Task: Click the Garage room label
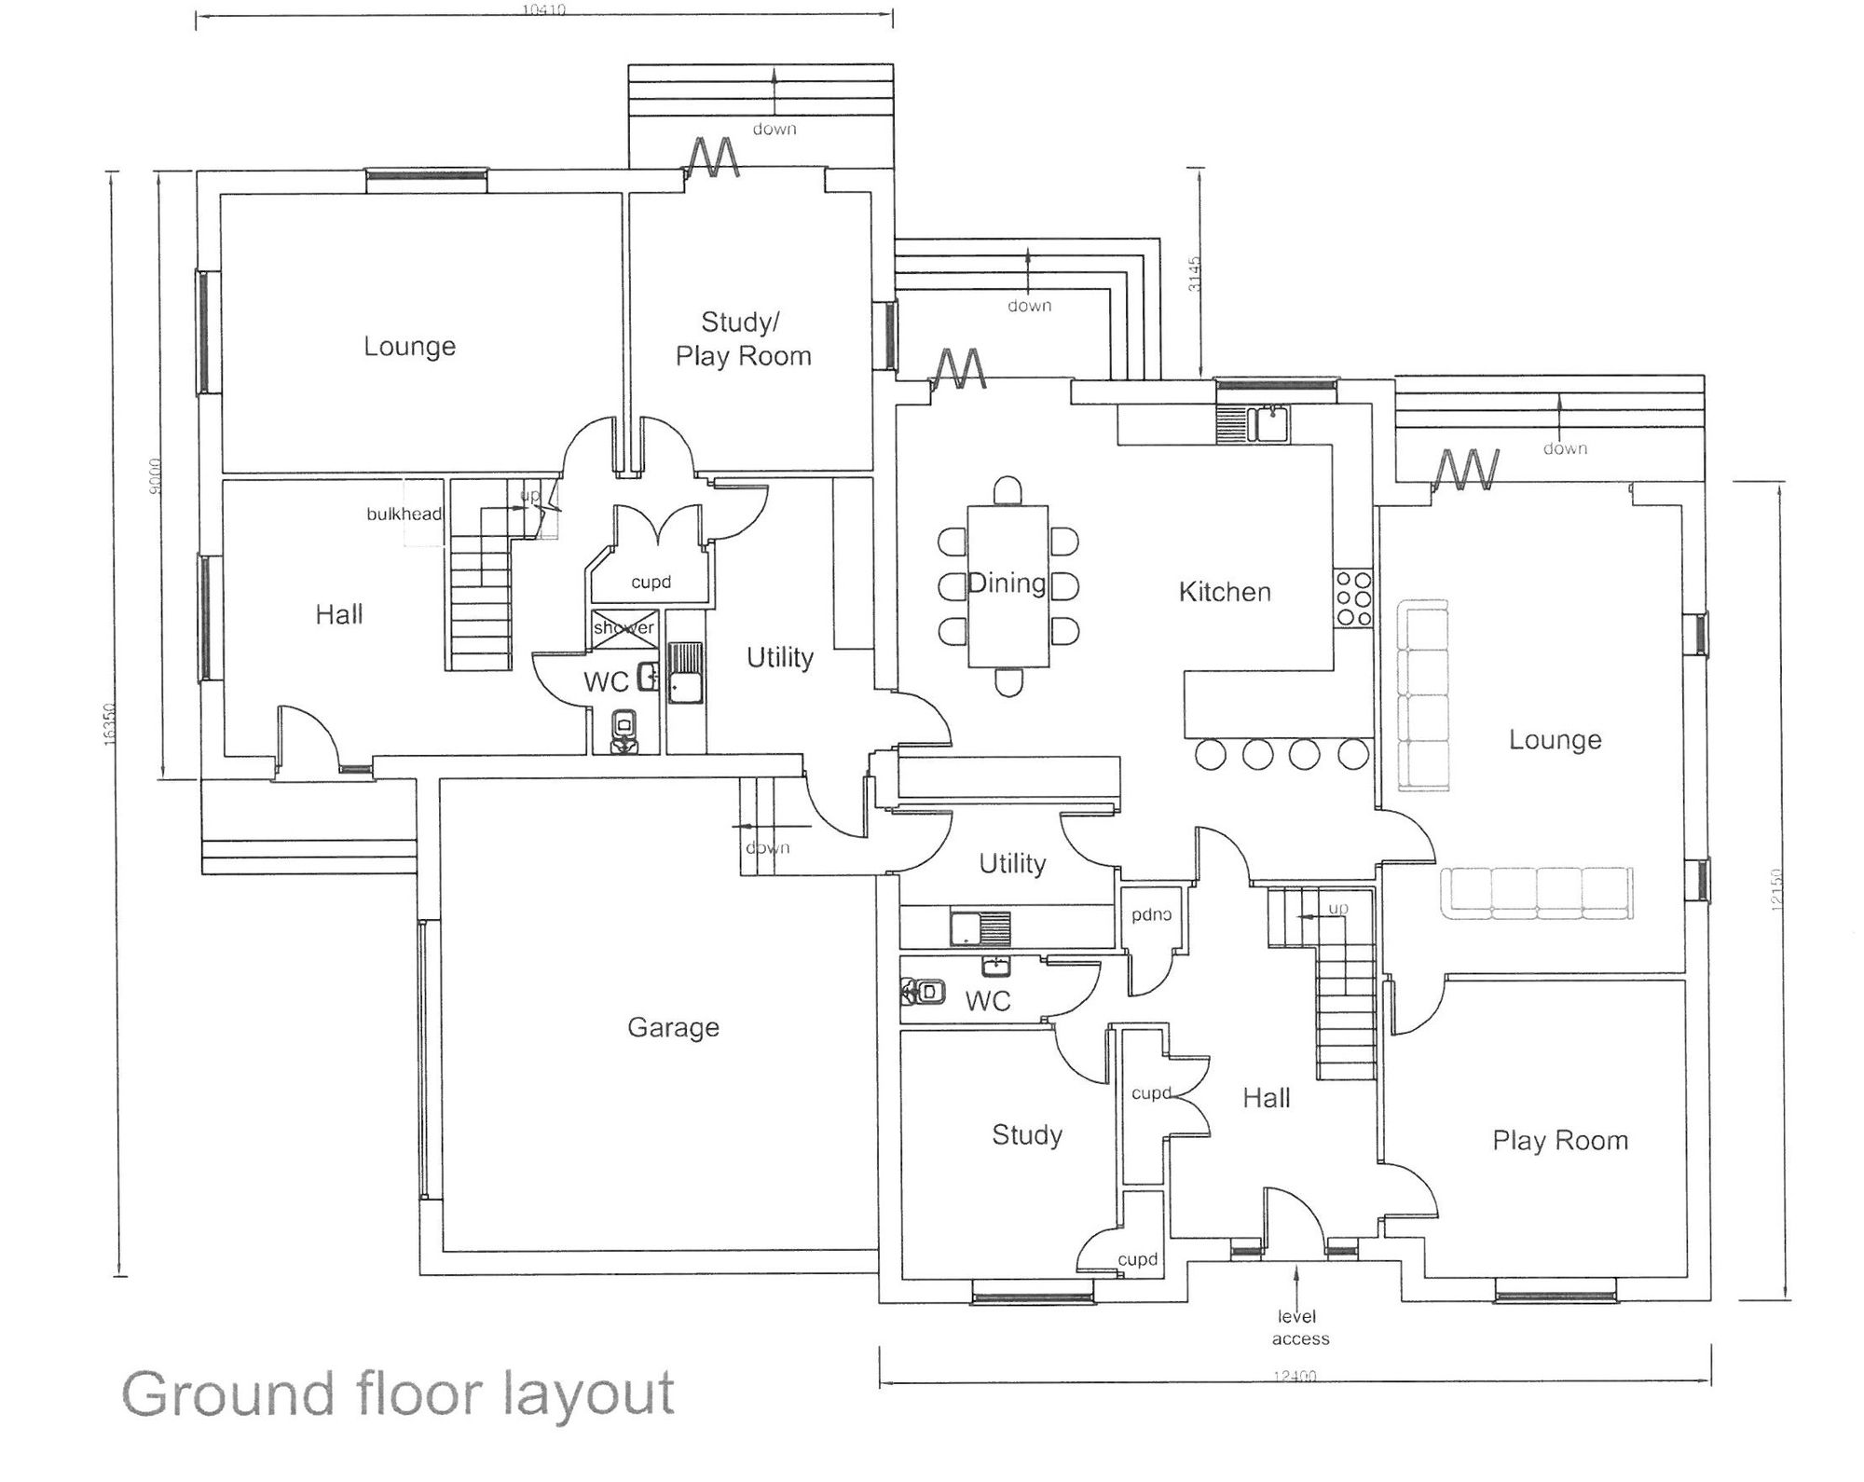tap(673, 1027)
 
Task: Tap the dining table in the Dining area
tap(1007, 586)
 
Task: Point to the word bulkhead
tap(404, 515)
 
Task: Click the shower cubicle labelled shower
tap(624, 628)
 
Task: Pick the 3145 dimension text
tap(1195, 274)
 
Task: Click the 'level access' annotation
tap(1299, 1327)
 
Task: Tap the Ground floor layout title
tap(398, 1394)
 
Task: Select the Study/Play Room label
tap(743, 339)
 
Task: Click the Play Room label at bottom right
tap(1560, 1141)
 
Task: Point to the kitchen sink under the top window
tap(1271, 424)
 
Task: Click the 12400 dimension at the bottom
tap(1294, 1376)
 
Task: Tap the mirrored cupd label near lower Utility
tap(1151, 914)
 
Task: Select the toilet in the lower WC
tap(924, 992)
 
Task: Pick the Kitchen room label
tap(1225, 592)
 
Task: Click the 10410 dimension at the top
tap(543, 10)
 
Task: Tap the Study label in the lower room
tap(1027, 1134)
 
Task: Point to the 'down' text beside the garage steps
tap(767, 848)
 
